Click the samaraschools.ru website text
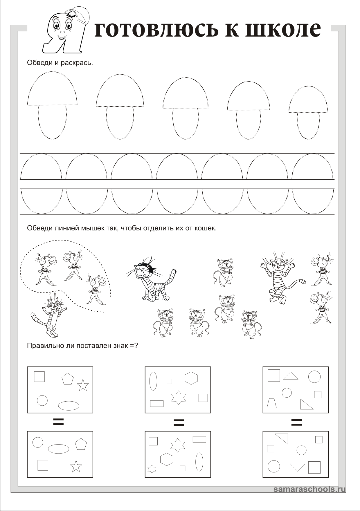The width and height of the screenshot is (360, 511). (x=309, y=489)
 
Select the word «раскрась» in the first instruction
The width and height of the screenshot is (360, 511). (x=77, y=62)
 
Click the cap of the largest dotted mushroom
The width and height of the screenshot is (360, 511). (x=52, y=90)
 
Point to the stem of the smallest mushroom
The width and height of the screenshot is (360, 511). (x=308, y=125)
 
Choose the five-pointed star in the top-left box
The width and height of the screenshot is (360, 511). (x=83, y=385)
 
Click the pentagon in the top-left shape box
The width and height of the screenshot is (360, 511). (x=68, y=379)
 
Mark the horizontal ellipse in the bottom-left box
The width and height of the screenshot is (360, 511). (x=58, y=449)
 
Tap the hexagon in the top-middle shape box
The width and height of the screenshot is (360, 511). (x=191, y=378)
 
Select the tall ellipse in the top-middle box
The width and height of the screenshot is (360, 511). (x=153, y=381)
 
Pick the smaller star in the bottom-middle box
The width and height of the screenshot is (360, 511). (x=152, y=469)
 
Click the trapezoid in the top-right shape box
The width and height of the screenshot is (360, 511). (x=272, y=403)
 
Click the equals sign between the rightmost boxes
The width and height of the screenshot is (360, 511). (x=296, y=422)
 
